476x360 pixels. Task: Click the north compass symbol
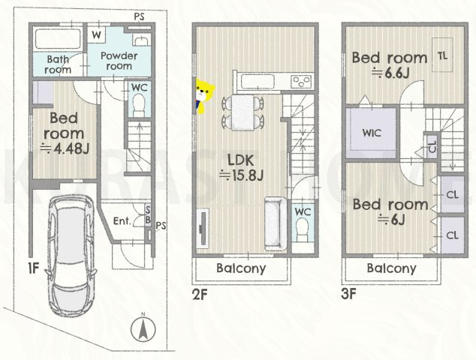click(143, 328)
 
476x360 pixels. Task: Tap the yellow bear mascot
click(204, 96)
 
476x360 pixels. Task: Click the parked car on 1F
click(71, 255)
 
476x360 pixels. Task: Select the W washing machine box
click(97, 35)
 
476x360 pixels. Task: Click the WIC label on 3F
click(372, 133)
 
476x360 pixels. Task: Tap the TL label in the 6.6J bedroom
click(443, 55)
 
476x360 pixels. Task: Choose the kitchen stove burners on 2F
click(301, 81)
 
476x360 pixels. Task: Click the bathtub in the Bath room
click(58, 40)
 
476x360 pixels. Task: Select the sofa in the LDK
click(276, 223)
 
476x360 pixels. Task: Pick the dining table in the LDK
click(243, 112)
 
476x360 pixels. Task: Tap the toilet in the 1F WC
click(140, 105)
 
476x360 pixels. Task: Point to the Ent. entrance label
click(122, 221)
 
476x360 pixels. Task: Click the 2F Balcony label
click(241, 268)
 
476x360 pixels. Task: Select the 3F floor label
click(348, 294)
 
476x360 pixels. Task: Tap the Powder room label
click(119, 61)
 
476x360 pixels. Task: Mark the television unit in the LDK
click(203, 228)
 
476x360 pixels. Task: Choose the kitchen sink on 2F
click(257, 81)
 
